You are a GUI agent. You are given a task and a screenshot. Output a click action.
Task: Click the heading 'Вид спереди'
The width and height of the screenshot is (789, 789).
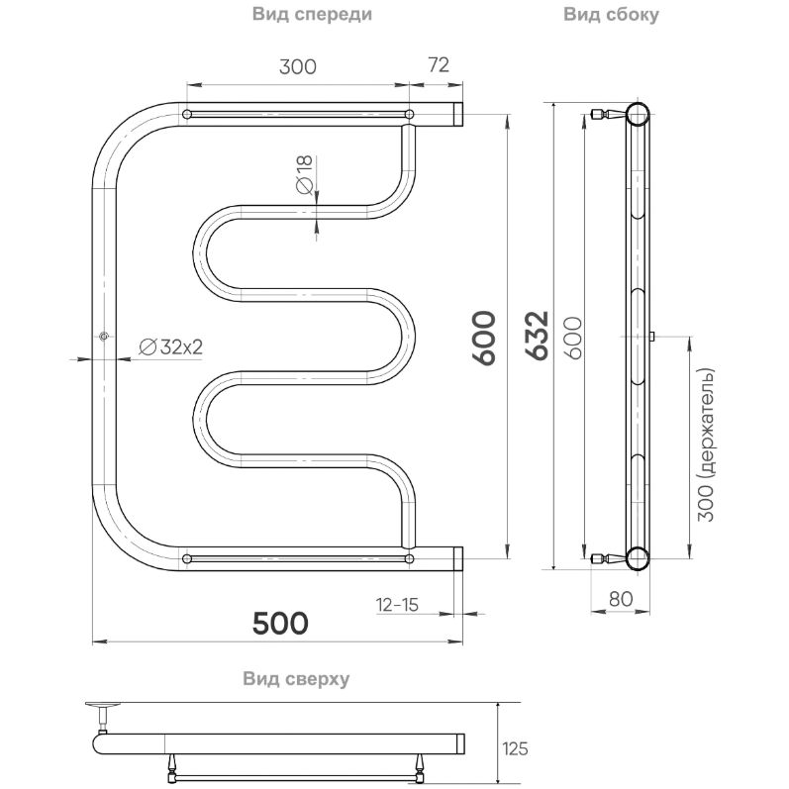click(x=312, y=15)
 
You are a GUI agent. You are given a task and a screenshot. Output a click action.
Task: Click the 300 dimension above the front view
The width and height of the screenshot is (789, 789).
click(x=297, y=66)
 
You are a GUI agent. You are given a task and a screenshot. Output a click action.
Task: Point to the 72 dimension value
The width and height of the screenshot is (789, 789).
click(x=439, y=66)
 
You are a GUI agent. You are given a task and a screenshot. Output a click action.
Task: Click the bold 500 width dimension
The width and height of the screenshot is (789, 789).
click(x=280, y=623)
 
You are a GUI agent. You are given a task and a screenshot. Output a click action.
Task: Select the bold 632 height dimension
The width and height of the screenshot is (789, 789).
click(x=537, y=339)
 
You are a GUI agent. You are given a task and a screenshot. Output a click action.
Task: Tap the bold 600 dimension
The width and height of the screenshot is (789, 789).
click(x=484, y=339)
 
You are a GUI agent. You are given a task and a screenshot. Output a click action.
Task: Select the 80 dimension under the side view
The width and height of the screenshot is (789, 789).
click(x=619, y=597)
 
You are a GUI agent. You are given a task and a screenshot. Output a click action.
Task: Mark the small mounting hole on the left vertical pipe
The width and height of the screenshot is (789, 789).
click(x=103, y=338)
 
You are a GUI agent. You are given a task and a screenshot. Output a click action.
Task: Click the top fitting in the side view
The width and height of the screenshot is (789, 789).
click(x=605, y=114)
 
